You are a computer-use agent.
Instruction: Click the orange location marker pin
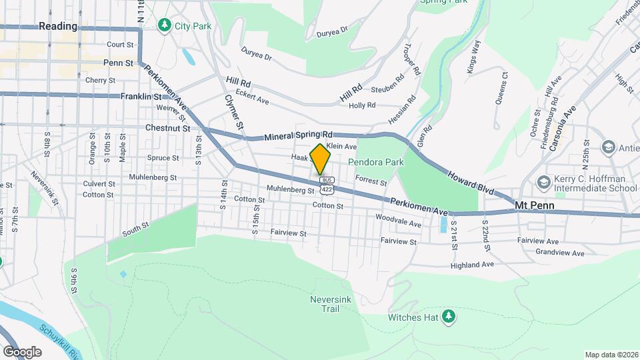click(x=321, y=159)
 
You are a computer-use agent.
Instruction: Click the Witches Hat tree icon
click(x=450, y=315)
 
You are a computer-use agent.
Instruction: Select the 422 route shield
click(x=327, y=190)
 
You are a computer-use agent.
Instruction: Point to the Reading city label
click(x=58, y=26)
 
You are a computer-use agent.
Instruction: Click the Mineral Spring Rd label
click(x=298, y=136)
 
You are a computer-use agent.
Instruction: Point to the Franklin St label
click(x=141, y=97)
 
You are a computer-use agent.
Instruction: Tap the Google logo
click(x=22, y=351)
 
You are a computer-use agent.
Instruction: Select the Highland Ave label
click(x=471, y=265)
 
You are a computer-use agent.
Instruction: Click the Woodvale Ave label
click(x=398, y=221)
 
